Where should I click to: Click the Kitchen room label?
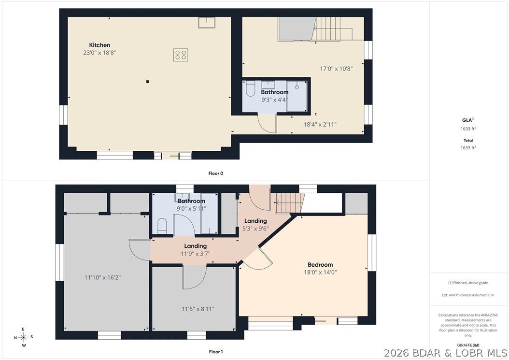click(x=99, y=45)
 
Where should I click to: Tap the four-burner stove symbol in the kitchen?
click(x=181, y=55)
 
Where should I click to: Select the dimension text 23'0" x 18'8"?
click(x=99, y=53)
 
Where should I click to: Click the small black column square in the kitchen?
click(x=147, y=82)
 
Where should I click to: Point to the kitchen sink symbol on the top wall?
click(x=207, y=22)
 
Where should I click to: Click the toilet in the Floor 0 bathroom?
click(x=250, y=88)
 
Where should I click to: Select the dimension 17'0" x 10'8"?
click(x=336, y=69)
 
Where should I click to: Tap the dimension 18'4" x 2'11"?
click(x=320, y=124)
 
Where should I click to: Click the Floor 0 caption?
click(x=216, y=173)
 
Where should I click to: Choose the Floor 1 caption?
click(x=216, y=352)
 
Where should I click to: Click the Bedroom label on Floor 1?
click(x=320, y=265)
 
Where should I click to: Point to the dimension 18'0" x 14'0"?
click(x=320, y=272)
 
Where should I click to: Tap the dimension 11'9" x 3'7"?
click(x=196, y=254)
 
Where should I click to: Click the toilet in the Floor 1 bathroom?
click(x=162, y=226)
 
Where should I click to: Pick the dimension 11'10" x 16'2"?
click(x=102, y=277)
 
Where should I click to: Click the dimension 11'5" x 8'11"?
click(x=198, y=309)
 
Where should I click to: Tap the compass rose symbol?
click(x=23, y=337)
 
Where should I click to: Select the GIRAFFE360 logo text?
click(x=468, y=346)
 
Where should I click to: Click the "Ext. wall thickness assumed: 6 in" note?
click(x=468, y=295)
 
